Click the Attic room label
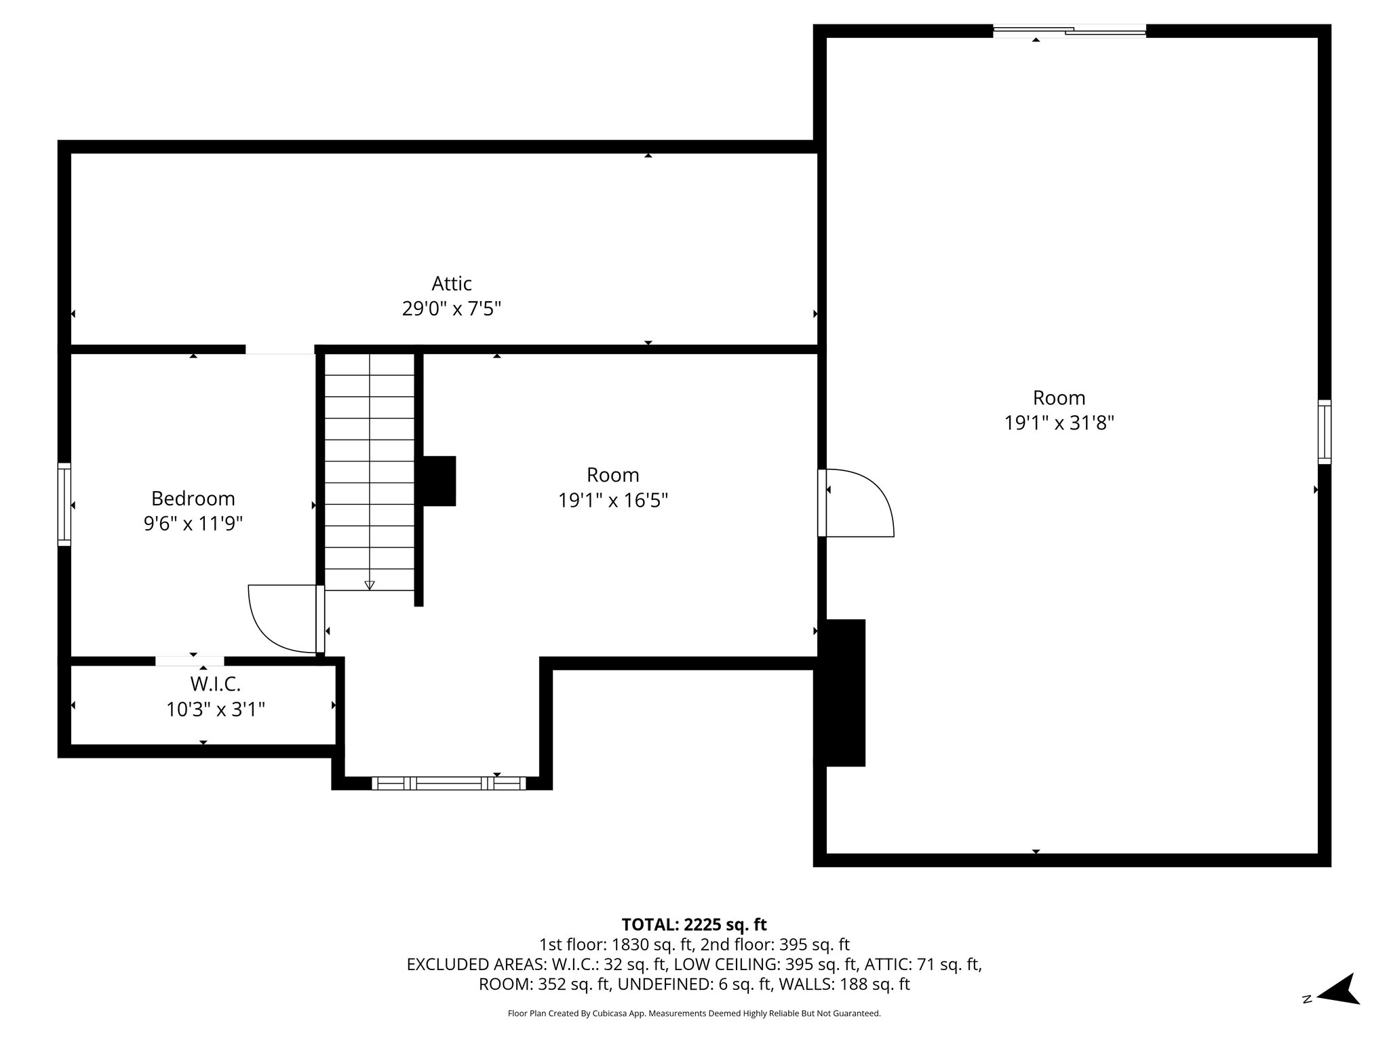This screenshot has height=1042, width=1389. click(x=452, y=283)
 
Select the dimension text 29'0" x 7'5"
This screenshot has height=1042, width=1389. click(x=452, y=309)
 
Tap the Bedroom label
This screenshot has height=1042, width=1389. click(x=193, y=499)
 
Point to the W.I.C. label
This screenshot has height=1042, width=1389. click(x=215, y=683)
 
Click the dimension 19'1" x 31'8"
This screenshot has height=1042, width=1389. click(x=1059, y=423)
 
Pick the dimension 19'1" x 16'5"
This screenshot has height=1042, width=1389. click(x=612, y=501)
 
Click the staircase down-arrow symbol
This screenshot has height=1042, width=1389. click(x=370, y=584)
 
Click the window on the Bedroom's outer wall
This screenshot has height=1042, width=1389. click(x=64, y=504)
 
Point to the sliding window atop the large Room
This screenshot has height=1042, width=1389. click(x=1070, y=31)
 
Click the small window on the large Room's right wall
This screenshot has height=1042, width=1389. click(x=1324, y=432)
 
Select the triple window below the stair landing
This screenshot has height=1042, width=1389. click(x=448, y=784)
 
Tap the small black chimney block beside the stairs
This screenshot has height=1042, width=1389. click(x=439, y=481)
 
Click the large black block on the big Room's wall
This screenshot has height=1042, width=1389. click(x=841, y=693)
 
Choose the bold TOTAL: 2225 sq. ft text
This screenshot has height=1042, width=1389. click(x=694, y=925)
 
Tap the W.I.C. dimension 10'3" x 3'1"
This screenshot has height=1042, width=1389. click(x=215, y=710)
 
